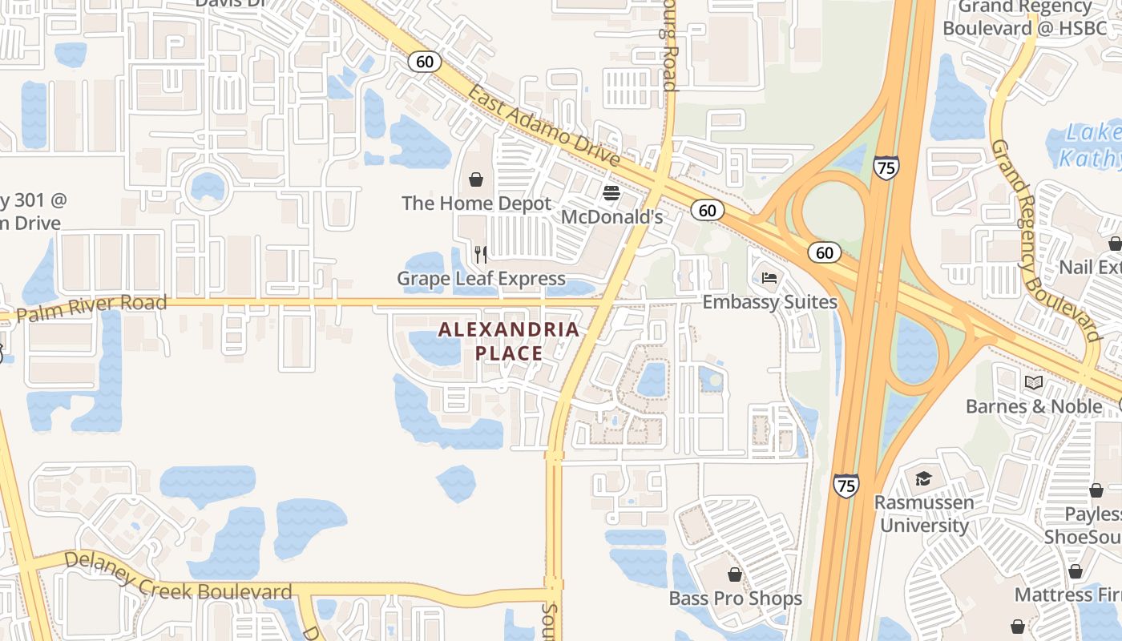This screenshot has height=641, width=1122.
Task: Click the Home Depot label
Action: [x=477, y=204]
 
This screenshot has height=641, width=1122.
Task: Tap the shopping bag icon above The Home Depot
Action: [x=476, y=179]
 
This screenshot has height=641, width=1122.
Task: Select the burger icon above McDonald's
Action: [x=611, y=193]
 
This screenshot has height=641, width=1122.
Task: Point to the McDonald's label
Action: [x=612, y=217]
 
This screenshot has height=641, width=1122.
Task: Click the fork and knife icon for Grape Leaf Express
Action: [x=481, y=255]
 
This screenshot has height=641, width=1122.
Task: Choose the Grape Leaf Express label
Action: [x=481, y=279]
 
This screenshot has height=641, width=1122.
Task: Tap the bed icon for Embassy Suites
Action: [x=769, y=278]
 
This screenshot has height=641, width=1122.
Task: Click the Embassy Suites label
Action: [x=769, y=302]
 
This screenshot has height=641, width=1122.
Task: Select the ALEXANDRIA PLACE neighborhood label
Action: [x=509, y=341]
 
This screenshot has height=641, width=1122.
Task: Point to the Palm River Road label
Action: [x=91, y=308]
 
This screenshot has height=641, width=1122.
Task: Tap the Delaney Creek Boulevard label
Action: [x=178, y=575]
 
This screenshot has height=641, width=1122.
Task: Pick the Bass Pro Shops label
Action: [x=736, y=599]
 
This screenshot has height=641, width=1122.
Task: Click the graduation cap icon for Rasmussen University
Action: [x=923, y=478]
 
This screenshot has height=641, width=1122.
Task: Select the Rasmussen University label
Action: [x=924, y=514]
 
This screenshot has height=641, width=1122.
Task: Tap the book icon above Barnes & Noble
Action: [x=1033, y=382]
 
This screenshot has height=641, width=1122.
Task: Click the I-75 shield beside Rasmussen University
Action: [x=846, y=485]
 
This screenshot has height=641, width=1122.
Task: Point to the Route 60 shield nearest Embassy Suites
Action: [x=825, y=252]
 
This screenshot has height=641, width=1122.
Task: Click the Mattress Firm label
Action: [x=1068, y=595]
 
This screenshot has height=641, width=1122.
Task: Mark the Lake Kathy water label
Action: [x=1090, y=145]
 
